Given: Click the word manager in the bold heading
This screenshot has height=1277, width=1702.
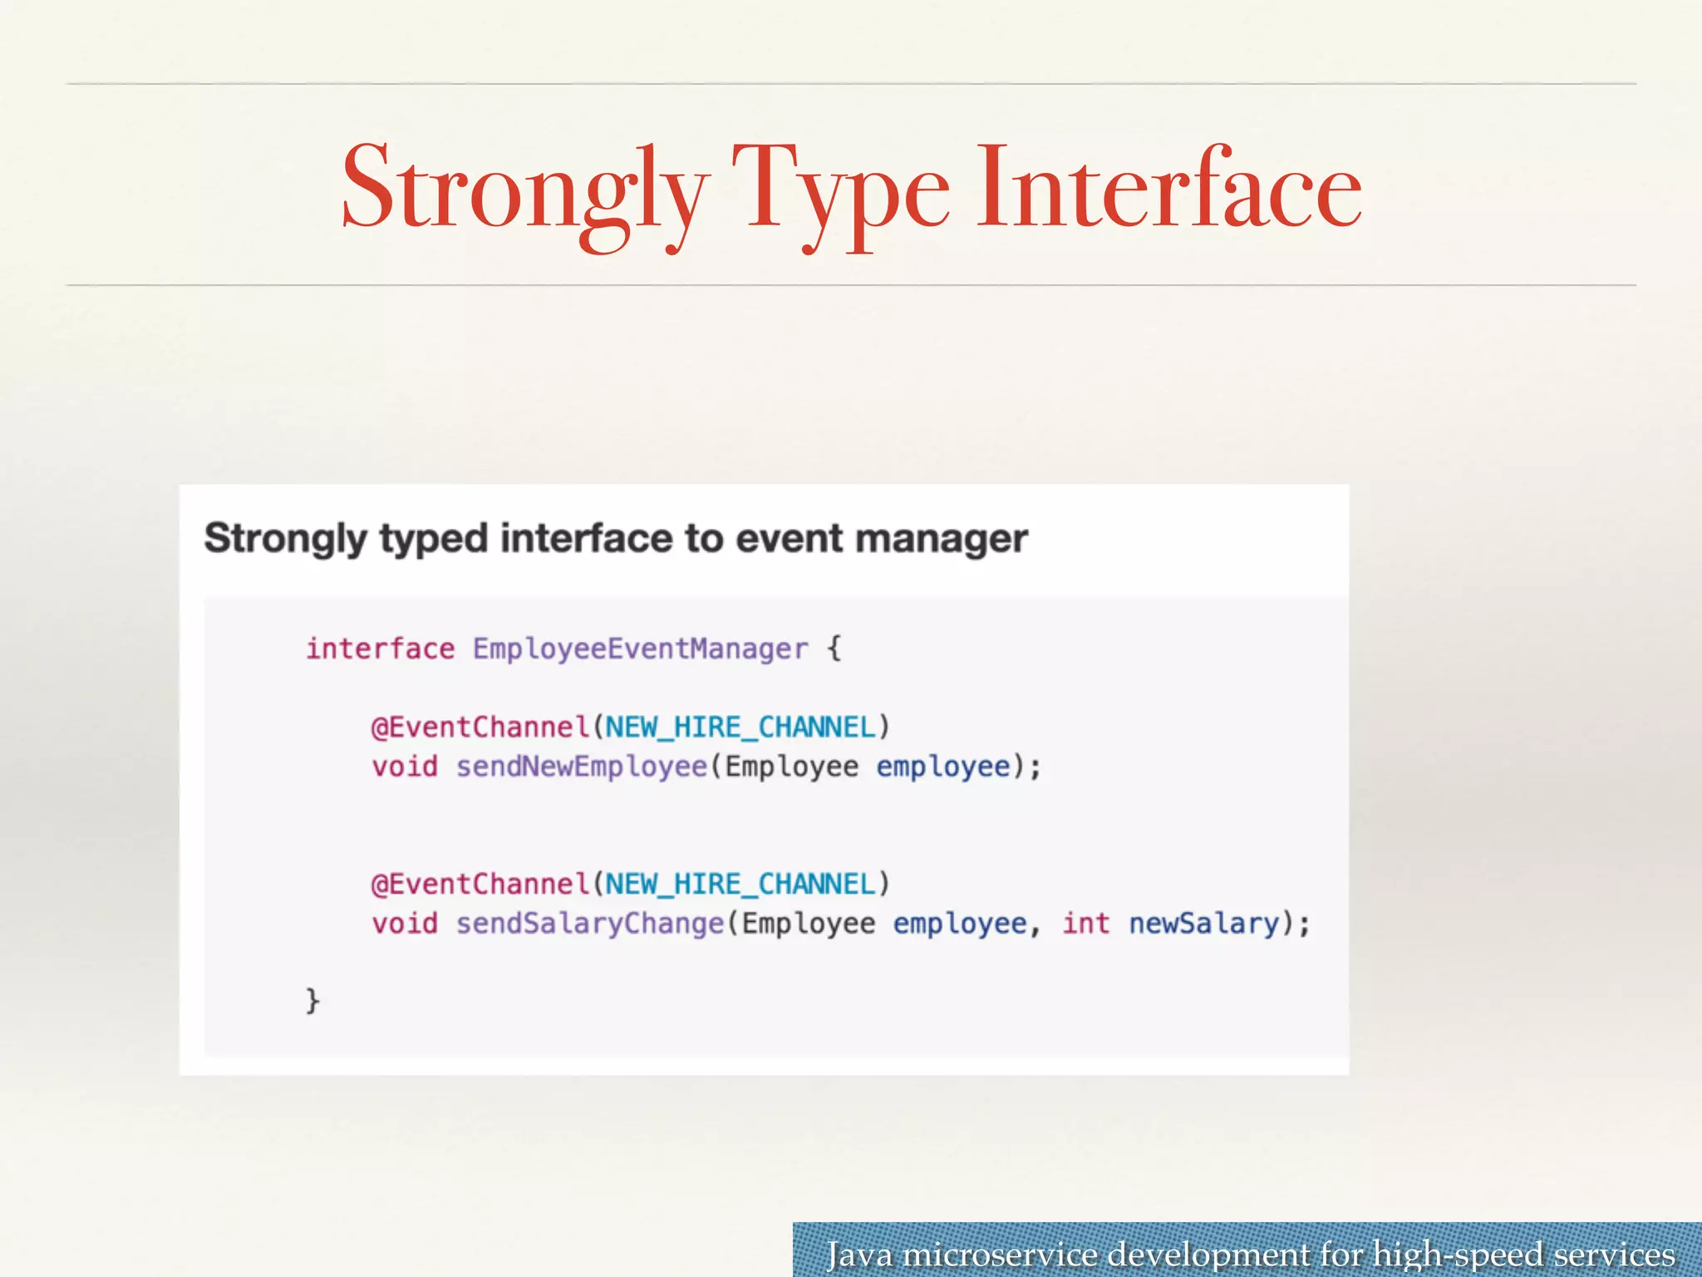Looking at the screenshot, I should point(941,539).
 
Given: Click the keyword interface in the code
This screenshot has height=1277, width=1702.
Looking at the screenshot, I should point(380,648).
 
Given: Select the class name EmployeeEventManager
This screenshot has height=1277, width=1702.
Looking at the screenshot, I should point(640,648).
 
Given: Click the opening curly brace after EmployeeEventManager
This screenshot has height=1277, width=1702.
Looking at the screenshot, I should point(834,648).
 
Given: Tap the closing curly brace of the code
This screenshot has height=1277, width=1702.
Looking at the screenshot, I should point(312,1000).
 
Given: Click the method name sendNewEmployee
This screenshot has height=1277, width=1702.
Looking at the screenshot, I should point(581,767).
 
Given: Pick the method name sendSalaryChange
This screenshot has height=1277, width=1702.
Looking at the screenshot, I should point(590,924).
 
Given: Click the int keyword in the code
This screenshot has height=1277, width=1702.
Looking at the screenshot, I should point(1085,924).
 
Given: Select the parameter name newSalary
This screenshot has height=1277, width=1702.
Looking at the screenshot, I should point(1203,924).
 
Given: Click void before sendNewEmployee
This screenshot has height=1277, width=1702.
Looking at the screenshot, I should point(404,767).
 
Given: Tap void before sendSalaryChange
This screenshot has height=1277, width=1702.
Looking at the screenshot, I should point(404,924).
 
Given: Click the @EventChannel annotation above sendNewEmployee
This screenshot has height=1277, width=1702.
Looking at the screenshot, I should point(480,727).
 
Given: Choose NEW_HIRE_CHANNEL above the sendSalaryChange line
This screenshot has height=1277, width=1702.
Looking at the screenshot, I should point(740,885).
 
